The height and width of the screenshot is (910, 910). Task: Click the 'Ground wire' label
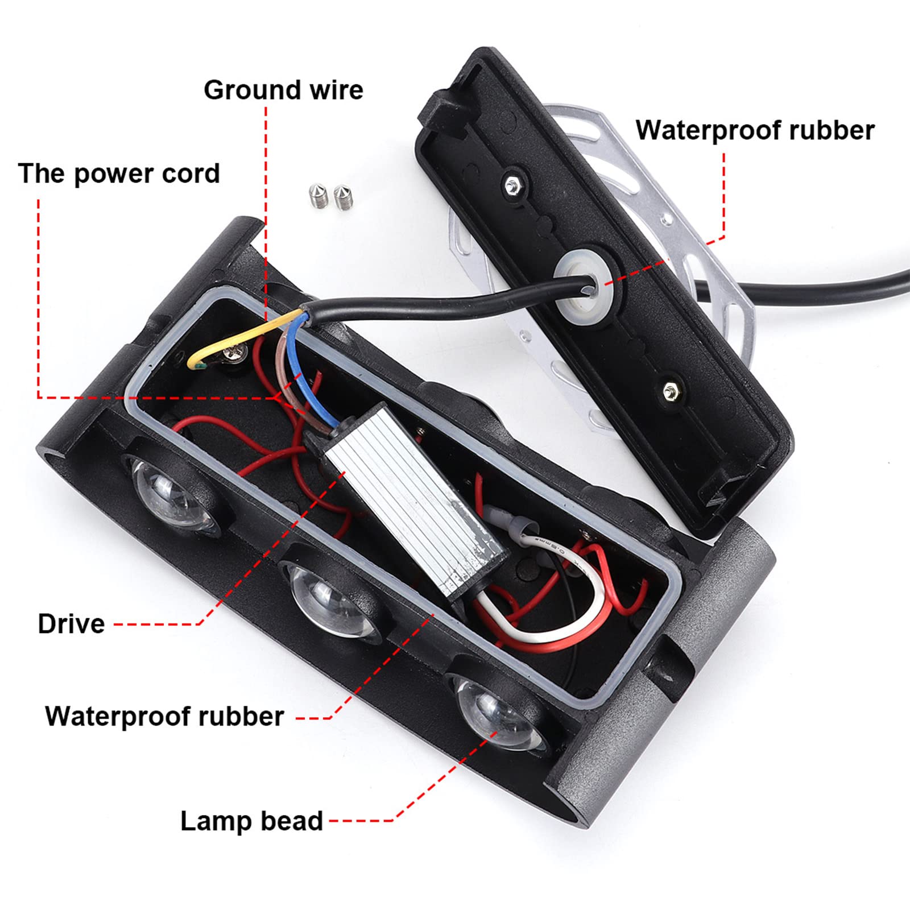point(283,90)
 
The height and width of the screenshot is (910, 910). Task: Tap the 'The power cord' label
point(119,173)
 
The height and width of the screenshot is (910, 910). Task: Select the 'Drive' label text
point(71,624)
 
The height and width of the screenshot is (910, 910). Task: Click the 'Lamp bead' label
point(251,821)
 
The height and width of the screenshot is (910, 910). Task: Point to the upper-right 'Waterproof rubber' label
point(755,130)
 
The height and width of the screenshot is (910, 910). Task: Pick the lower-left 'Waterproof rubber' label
point(164,716)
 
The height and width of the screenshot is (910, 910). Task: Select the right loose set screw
point(342,197)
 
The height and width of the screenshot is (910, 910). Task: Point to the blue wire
point(299,364)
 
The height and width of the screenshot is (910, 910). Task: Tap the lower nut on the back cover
point(669,390)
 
